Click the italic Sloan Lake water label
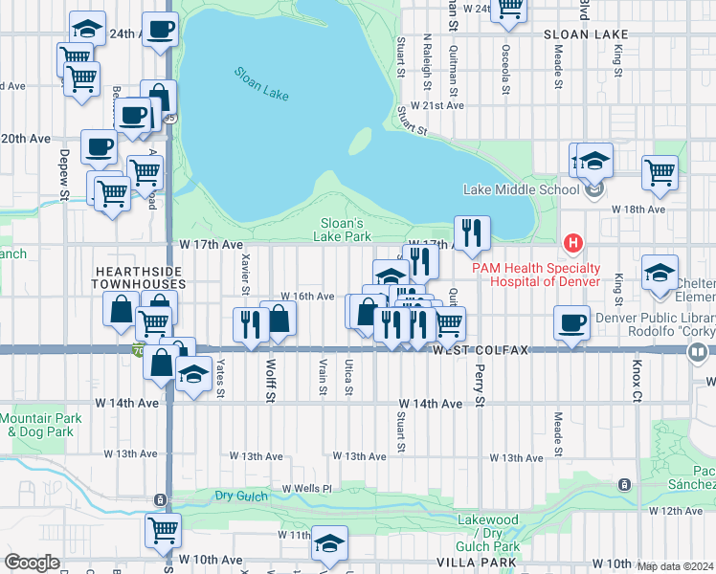260,84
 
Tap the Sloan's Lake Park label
344,230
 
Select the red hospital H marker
572,243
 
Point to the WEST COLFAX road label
480,351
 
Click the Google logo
32,563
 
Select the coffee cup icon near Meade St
571,322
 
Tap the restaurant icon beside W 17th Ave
472,232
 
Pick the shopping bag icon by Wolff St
279,319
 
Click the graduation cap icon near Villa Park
330,542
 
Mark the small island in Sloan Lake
359,142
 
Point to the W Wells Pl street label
306,489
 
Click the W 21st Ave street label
436,106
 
